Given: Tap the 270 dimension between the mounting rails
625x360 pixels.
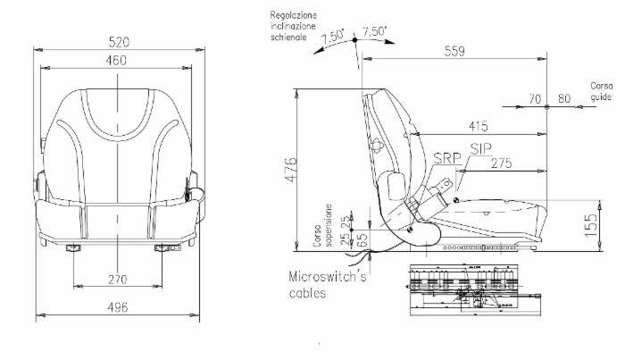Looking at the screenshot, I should click(x=117, y=280).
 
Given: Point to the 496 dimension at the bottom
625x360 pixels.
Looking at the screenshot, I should click(x=117, y=308).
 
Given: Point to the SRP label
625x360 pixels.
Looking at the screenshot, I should click(x=446, y=158).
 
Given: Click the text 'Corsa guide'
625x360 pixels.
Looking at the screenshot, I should click(x=601, y=90).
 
